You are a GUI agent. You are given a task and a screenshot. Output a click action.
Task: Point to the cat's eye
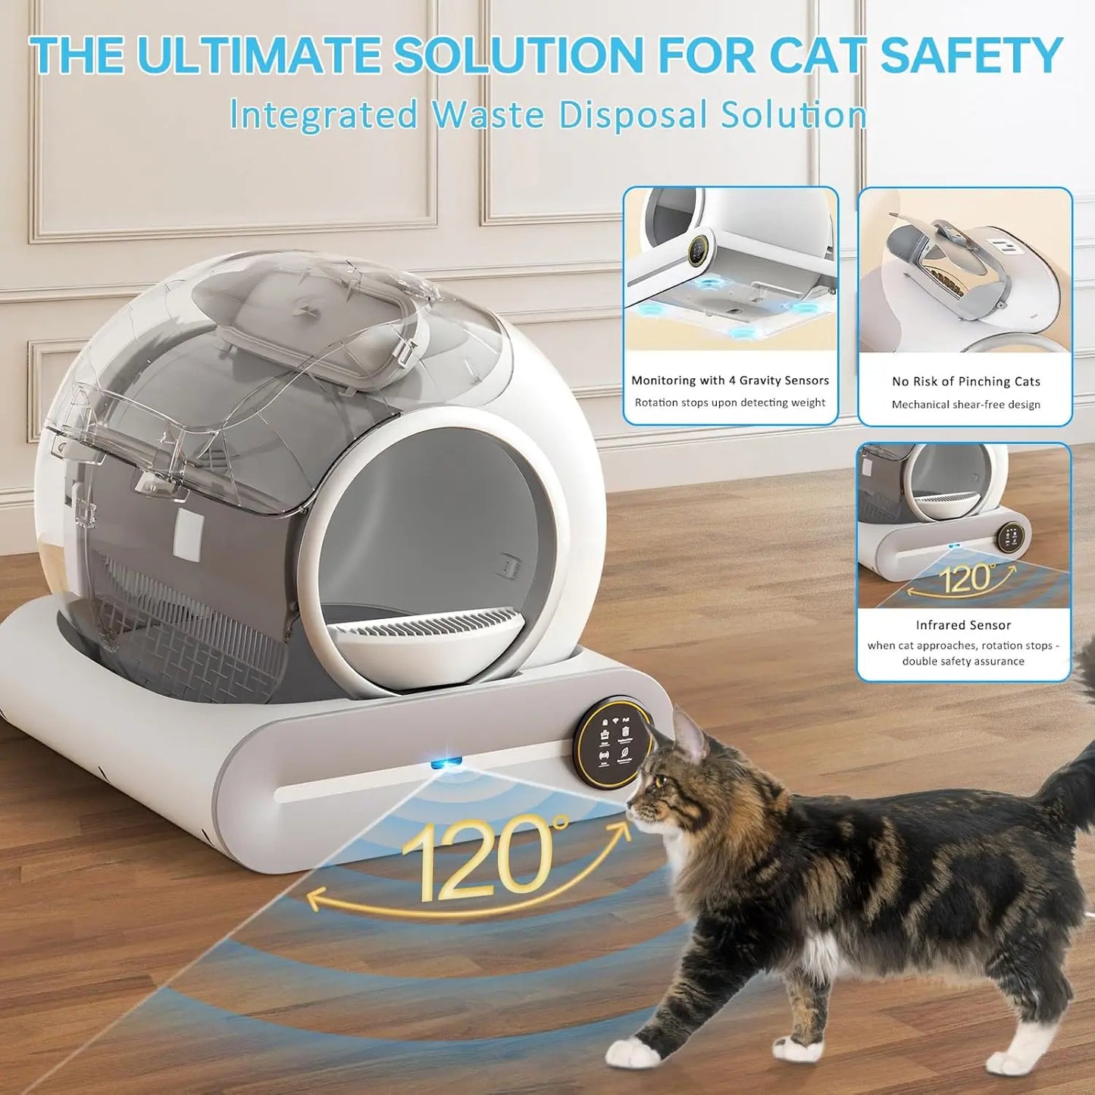pos(660,781)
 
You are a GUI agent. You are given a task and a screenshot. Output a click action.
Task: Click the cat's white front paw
pos(633,1051)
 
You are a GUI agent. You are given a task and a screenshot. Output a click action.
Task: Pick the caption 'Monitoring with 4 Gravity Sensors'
pos(730,380)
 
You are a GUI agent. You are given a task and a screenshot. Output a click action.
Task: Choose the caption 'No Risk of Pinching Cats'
pos(965,381)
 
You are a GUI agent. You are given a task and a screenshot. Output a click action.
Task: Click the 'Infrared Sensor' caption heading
pos(963,625)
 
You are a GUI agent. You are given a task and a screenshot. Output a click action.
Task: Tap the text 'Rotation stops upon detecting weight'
pos(730,402)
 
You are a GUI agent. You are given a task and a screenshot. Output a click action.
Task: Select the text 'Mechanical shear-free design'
pos(965,405)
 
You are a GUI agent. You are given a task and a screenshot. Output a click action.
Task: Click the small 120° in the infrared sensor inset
pos(967,579)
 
